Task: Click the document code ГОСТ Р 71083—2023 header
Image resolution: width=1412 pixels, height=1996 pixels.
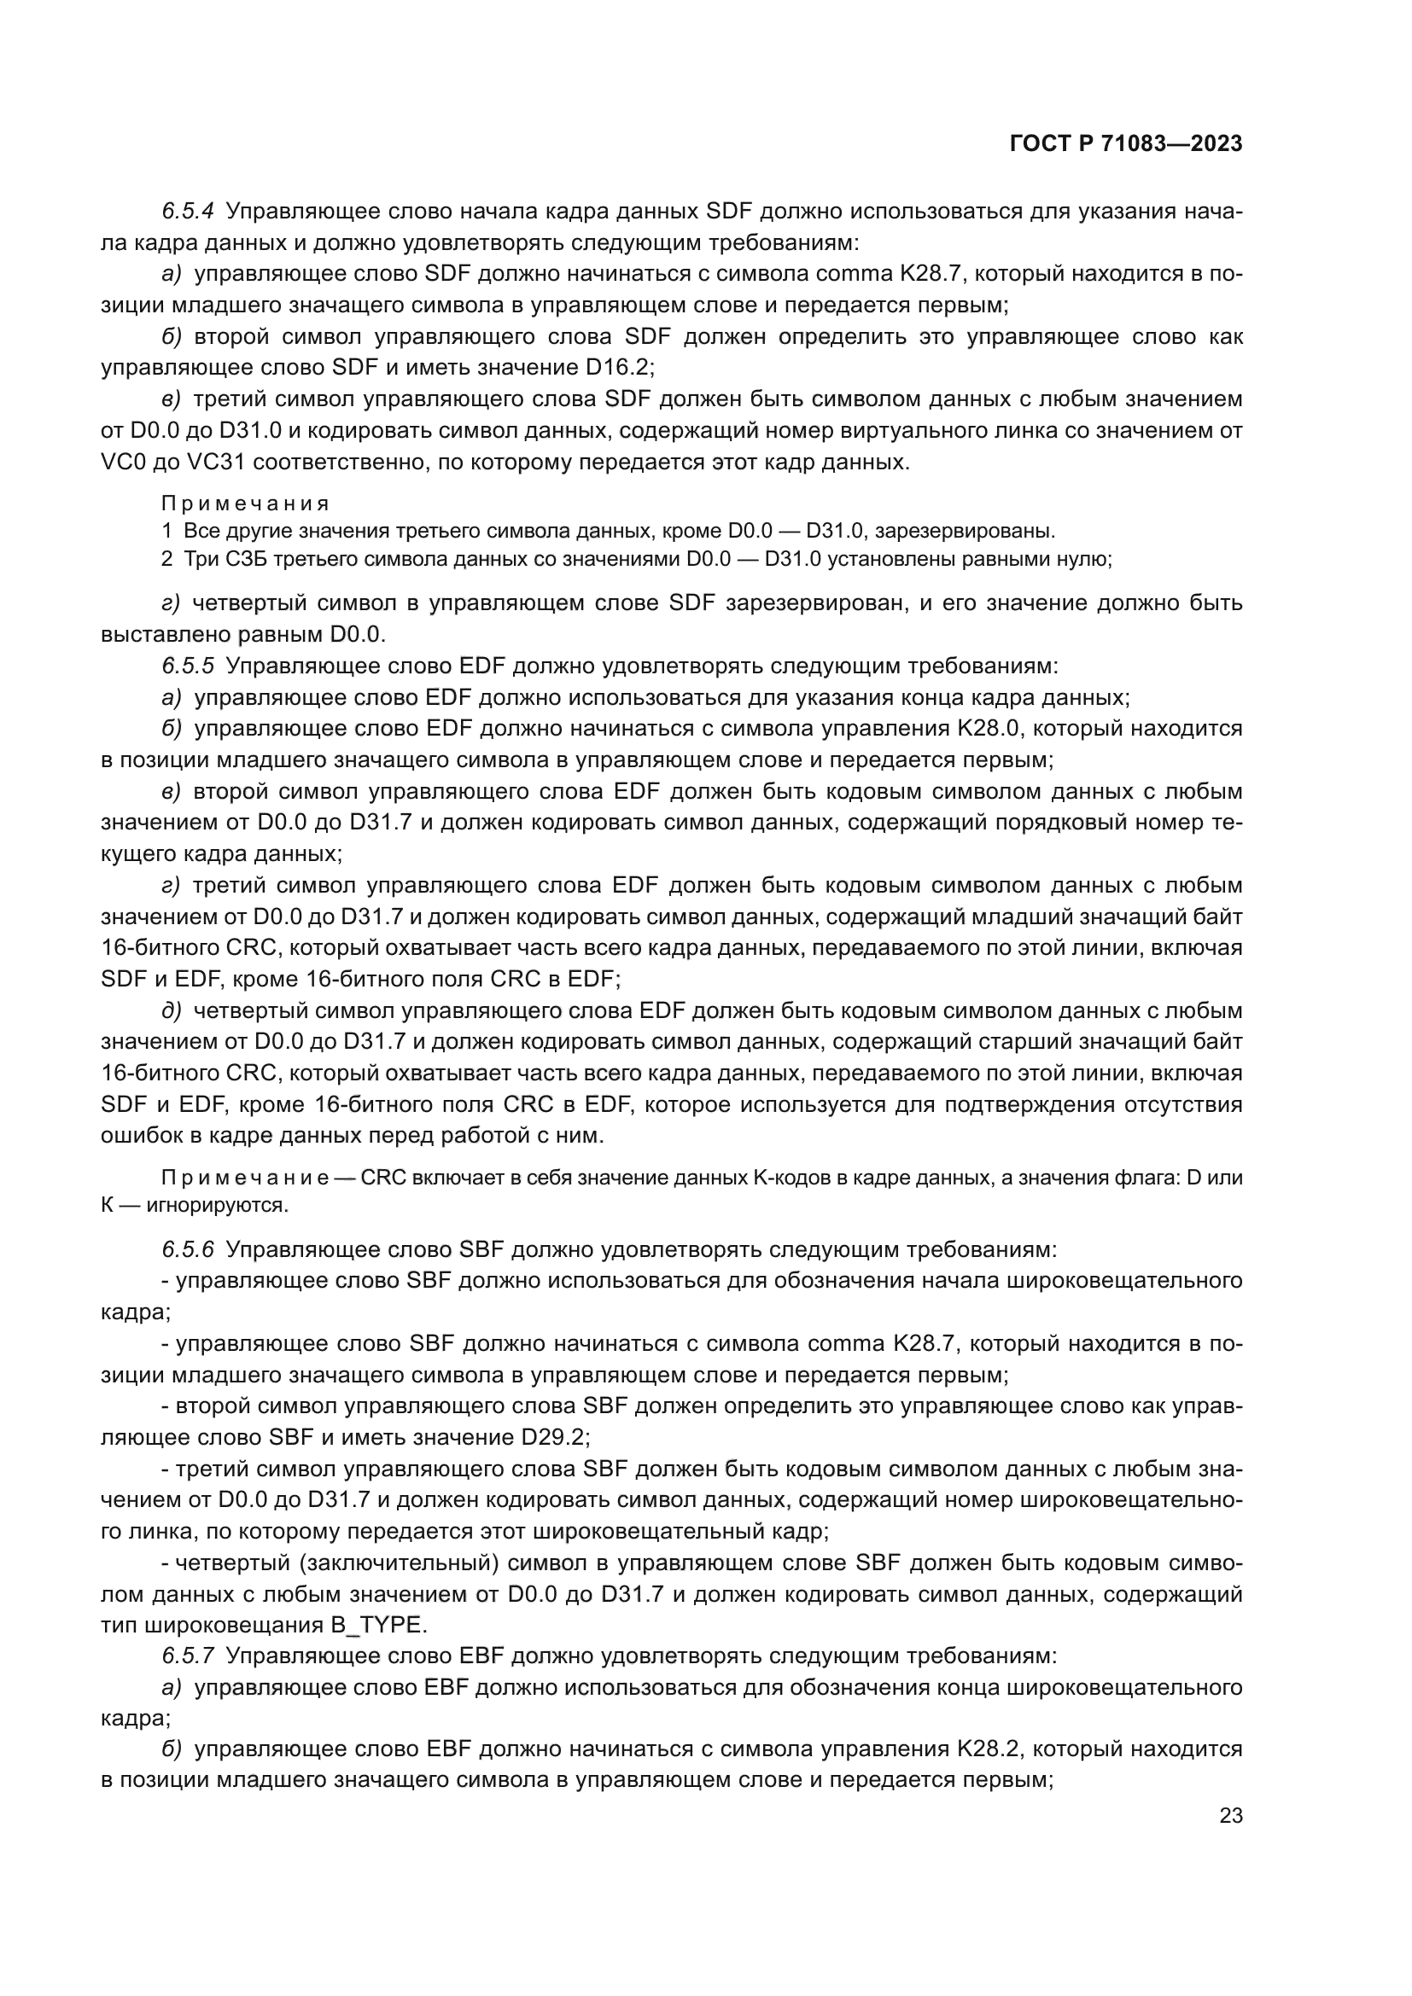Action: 1126,144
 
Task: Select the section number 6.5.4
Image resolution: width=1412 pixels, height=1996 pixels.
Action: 188,212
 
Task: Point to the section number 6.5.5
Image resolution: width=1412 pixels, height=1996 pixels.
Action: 188,666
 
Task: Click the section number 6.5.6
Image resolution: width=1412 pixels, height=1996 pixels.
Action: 188,1250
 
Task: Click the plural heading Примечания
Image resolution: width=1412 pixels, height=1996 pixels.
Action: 245,504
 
